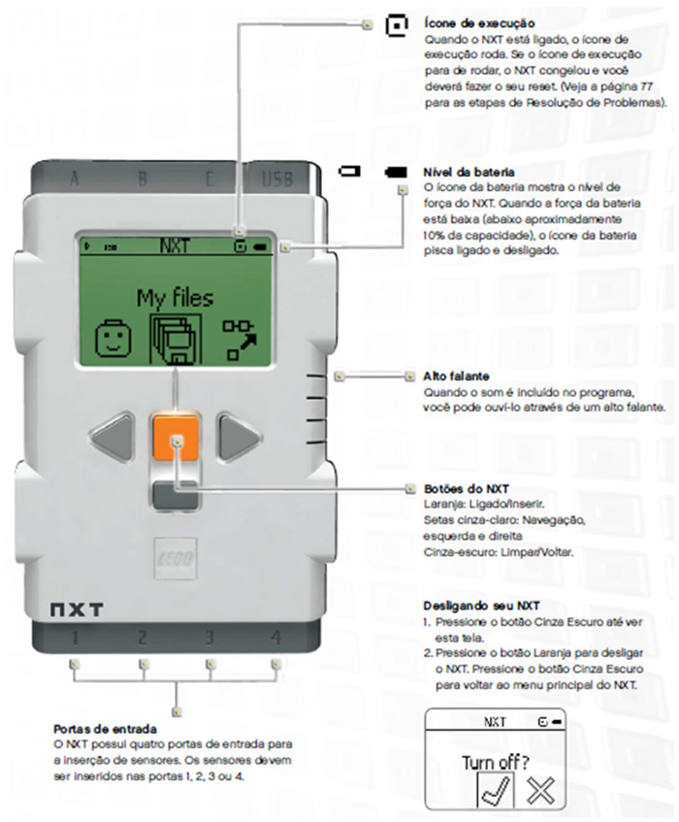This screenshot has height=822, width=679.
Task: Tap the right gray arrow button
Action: point(236,438)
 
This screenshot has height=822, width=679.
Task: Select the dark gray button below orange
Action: point(176,495)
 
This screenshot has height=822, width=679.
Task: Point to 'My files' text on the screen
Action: point(175,296)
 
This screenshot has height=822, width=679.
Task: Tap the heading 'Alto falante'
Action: point(455,376)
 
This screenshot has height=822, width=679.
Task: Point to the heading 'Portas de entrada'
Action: point(106,727)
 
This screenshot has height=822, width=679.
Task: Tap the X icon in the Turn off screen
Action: point(540,789)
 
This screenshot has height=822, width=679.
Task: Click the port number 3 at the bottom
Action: point(209,638)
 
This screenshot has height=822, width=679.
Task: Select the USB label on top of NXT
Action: point(276,178)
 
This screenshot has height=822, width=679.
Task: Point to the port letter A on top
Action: point(74,178)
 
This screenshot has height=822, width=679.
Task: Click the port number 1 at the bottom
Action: point(74,638)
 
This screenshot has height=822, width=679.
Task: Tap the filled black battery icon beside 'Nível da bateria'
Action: point(395,172)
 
